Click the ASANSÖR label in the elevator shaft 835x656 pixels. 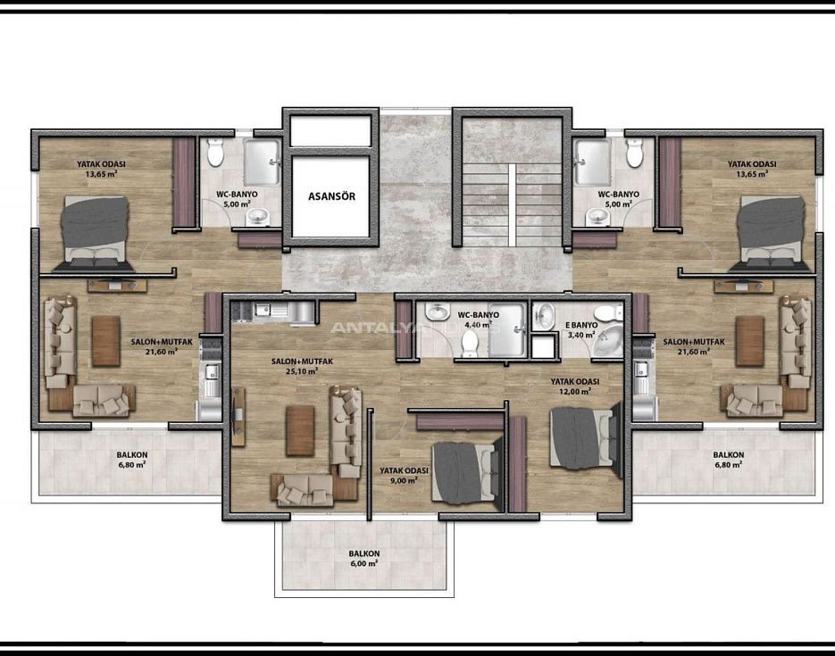tap(330, 197)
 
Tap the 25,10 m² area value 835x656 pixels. tap(302, 372)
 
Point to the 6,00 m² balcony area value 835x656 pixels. tap(363, 564)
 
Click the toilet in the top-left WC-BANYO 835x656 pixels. tap(215, 153)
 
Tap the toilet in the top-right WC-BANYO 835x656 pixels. tap(634, 153)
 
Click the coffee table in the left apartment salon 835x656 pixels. tap(105, 341)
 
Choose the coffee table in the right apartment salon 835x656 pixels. tap(749, 341)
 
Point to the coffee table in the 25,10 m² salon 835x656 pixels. tap(299, 431)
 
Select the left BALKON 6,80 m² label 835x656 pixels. tap(131, 459)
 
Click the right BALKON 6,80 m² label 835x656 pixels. tap(728, 459)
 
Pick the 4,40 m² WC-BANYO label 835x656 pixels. tap(475, 320)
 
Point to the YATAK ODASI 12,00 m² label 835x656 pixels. tap(574, 386)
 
